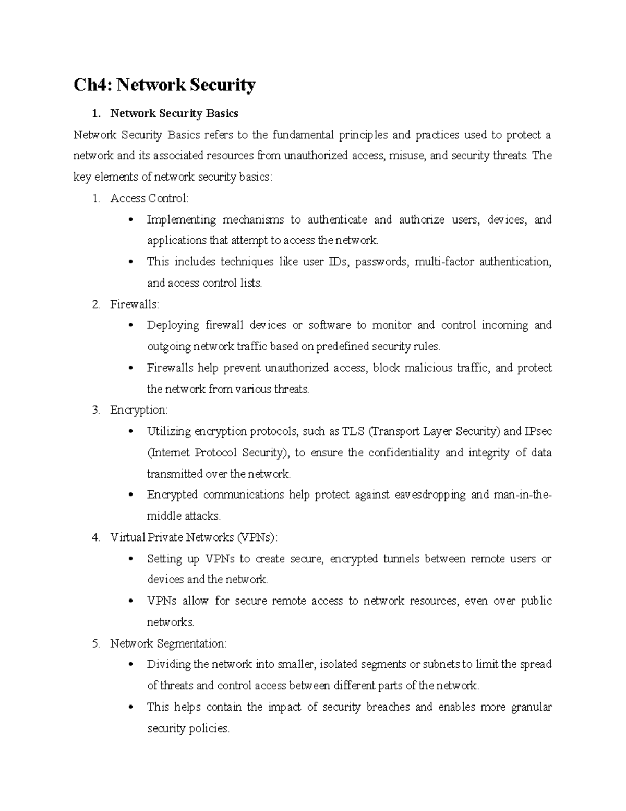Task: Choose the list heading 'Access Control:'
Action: coord(149,198)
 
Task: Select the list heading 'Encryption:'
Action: coord(139,410)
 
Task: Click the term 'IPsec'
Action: coord(538,431)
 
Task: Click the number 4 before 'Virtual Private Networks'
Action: coord(95,537)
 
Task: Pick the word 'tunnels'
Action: coord(401,559)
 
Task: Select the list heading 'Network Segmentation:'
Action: coord(168,643)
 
